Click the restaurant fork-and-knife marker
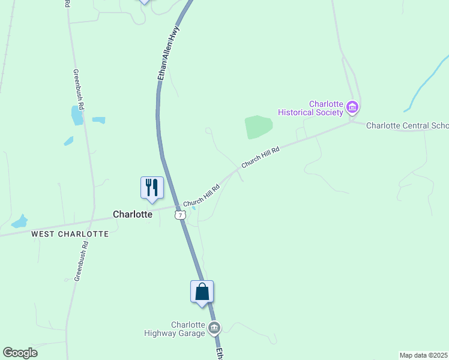point(152,188)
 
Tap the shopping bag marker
point(202,292)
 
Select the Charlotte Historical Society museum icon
point(352,108)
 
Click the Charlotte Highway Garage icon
point(214,328)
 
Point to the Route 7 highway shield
point(180,215)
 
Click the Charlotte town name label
point(133,214)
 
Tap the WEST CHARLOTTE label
point(70,234)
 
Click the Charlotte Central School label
point(407,125)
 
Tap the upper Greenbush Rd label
point(79,88)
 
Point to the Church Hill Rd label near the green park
point(261,157)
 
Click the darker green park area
point(259,127)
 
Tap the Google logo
point(20,353)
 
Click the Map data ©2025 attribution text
point(423,355)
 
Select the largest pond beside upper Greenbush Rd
point(77,115)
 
